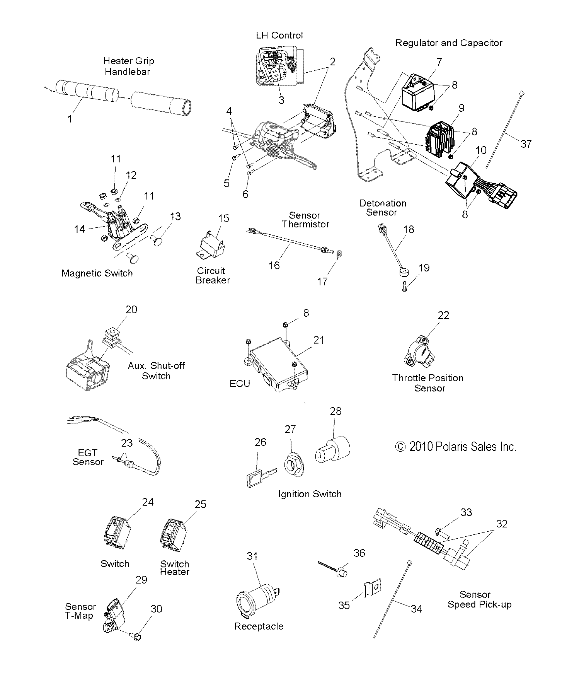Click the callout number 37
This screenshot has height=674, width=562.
526,144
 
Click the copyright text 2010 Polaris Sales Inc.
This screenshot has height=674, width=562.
455,447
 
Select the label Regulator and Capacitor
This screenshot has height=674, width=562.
448,43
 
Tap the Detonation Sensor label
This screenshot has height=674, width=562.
382,208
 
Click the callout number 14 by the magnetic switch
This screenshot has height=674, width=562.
79,229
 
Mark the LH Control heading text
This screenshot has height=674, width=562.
279,36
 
